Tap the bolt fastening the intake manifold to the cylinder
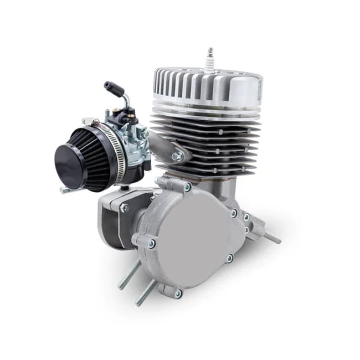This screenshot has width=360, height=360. point(176,157)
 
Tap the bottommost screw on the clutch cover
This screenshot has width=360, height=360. point(178,292)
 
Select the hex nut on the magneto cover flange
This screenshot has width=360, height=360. point(125,208)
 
